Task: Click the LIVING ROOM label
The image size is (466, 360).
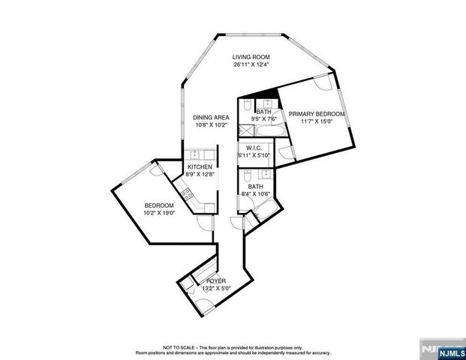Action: pos(251,57)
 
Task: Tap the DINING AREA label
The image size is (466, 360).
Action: pos(211,117)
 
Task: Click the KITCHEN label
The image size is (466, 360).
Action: pos(200,166)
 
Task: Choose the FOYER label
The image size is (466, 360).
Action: pos(216,280)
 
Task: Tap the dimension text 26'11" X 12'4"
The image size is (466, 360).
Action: pos(251,65)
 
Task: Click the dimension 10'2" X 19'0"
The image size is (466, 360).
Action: pos(159,213)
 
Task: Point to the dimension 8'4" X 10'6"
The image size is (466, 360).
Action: pos(256,194)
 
